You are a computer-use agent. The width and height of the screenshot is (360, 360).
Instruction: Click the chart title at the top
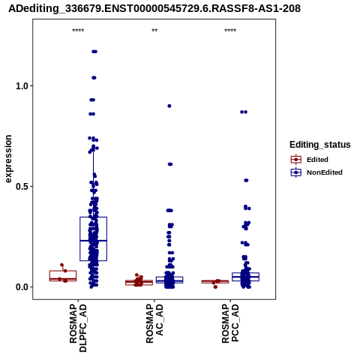(x=154, y=8)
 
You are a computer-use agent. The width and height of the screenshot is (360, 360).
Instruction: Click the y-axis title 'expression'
(x=8, y=159)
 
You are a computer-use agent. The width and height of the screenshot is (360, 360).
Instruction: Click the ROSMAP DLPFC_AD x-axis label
(x=78, y=328)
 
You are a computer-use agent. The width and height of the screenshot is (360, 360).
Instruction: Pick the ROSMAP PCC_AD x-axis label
(x=230, y=323)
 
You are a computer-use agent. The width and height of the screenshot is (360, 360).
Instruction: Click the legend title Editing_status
(x=320, y=145)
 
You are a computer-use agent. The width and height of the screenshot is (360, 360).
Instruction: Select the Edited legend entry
(x=310, y=160)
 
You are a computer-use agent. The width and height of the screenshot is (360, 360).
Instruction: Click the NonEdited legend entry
(x=316, y=172)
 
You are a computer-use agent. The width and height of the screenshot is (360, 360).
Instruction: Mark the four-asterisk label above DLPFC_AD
(x=78, y=31)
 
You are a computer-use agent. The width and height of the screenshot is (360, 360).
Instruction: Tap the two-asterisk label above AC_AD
(x=154, y=31)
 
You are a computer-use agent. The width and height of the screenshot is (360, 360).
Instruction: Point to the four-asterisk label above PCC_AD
(x=230, y=31)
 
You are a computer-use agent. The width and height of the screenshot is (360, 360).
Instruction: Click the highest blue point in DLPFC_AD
(x=94, y=52)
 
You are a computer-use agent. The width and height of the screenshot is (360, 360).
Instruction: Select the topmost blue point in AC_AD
(x=169, y=106)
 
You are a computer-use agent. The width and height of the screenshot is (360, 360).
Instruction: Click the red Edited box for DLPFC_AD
(x=63, y=276)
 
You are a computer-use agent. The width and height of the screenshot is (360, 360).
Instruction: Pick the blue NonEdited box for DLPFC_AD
(x=93, y=239)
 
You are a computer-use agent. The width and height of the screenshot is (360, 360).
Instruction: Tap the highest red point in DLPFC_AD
(x=61, y=265)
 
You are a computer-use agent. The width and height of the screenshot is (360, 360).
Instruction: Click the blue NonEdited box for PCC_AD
(x=245, y=277)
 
